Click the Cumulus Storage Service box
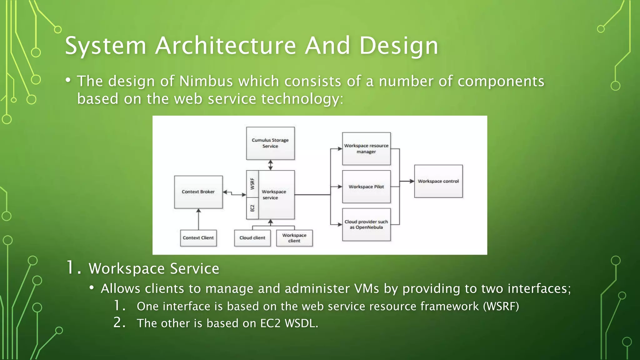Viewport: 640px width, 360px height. click(270, 143)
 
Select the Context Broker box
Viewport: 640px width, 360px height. click(198, 192)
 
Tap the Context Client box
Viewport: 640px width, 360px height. click(198, 238)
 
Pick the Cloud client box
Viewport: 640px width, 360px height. click(252, 238)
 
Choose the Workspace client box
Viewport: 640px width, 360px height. click(294, 238)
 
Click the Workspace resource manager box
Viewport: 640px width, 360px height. click(366, 149)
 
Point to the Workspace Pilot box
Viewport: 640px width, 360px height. click(366, 187)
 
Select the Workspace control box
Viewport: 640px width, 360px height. click(438, 181)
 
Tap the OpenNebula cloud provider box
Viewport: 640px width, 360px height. click(366, 224)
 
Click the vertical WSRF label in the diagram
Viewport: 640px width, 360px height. click(252, 184)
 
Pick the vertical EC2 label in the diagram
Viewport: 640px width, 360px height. click(252, 208)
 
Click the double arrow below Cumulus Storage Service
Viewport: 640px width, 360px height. click(270, 165)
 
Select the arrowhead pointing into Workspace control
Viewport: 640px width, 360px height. click(412, 181)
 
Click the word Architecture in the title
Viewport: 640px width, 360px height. click(225, 46)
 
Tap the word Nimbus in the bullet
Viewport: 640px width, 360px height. click(206, 81)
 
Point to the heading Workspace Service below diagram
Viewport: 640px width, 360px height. click(154, 268)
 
